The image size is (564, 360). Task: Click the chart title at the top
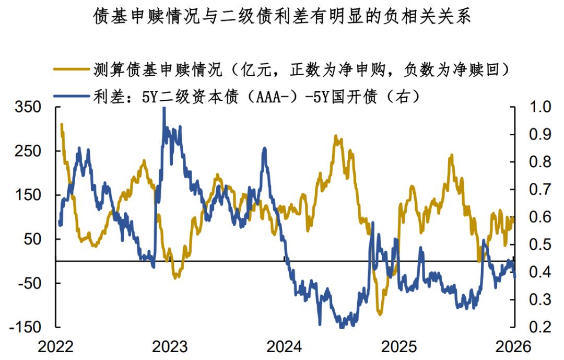click(282, 17)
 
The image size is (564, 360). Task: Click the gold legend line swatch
click(72, 69)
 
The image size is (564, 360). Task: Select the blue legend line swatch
click(72, 97)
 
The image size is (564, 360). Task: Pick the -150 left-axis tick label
click(23, 327)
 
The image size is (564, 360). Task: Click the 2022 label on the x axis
click(57, 346)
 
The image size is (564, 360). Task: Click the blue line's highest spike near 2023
click(164, 109)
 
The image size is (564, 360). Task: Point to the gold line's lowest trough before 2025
click(380, 315)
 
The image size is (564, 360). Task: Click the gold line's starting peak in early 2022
click(62, 124)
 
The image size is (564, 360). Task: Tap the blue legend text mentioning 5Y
click(256, 97)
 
